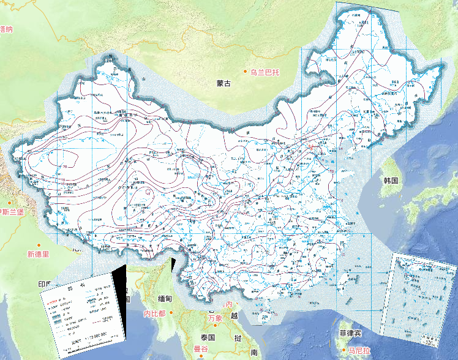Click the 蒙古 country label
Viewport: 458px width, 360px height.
click(223, 83)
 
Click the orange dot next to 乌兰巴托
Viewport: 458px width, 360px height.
click(246, 72)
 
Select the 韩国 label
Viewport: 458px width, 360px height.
click(391, 181)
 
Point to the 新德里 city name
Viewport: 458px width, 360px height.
click(37, 253)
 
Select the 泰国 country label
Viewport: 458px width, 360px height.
click(208, 337)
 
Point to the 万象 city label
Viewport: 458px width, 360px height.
click(214, 318)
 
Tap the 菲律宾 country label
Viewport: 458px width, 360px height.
click(351, 332)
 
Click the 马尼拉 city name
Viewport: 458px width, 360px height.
click(359, 351)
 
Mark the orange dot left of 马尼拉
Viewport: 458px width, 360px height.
click(343, 351)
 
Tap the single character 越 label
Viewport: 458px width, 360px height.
click(235, 315)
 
